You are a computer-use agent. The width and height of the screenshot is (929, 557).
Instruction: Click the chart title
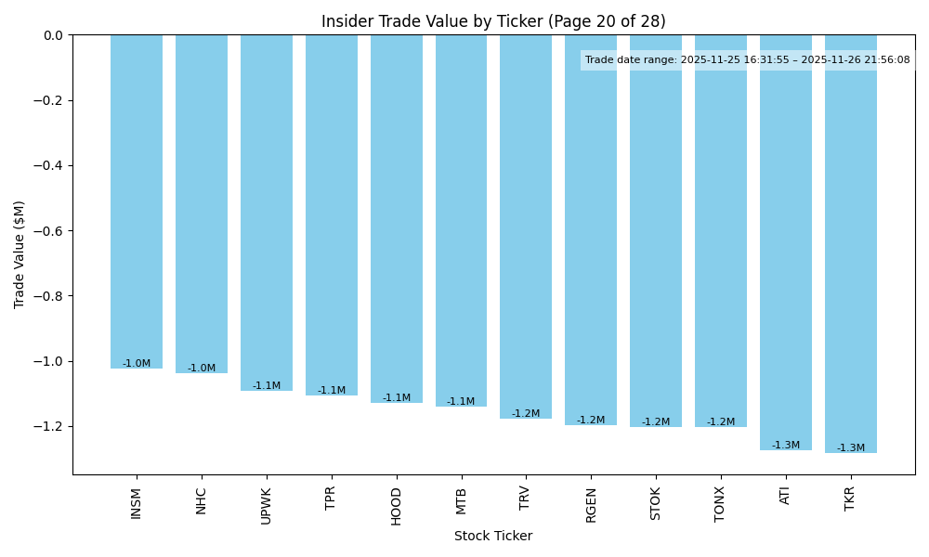[493, 21]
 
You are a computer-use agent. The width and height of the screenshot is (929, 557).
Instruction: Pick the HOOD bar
[397, 218]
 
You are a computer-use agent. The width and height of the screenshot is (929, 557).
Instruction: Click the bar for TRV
[526, 227]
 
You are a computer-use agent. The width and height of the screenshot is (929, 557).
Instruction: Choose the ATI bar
[786, 242]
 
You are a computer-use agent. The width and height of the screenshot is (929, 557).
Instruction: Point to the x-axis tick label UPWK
[267, 506]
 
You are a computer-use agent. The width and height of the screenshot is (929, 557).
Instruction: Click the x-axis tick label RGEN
[591, 505]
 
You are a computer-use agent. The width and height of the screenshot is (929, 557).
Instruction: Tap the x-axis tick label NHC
[202, 500]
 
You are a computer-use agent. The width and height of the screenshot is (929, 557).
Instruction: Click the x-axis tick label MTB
[461, 500]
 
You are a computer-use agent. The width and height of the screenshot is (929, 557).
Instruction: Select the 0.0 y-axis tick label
[54, 35]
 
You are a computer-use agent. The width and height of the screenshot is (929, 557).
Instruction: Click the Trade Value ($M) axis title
[20, 254]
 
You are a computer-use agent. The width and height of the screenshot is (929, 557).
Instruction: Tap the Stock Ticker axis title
[493, 536]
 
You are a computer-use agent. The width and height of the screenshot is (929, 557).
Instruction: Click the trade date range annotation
[747, 59]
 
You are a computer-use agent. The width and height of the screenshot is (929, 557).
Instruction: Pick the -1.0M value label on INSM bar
[137, 364]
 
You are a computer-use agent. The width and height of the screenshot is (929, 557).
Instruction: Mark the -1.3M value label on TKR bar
[851, 448]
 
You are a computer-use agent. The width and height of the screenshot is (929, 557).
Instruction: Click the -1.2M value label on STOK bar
[656, 422]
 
